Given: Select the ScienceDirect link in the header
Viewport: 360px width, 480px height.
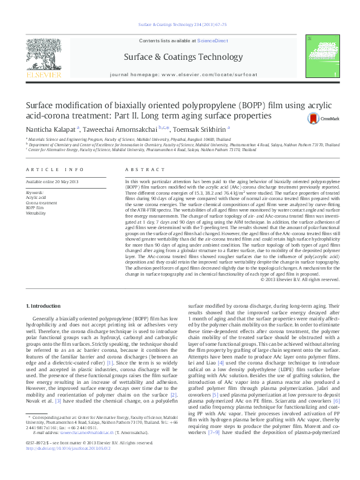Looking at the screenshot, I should [212, 40].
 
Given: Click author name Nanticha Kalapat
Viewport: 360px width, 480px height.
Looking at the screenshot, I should [50, 129].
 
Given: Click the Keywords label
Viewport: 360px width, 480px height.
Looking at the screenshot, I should [33, 192].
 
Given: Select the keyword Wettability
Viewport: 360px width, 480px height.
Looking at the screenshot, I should [35, 213].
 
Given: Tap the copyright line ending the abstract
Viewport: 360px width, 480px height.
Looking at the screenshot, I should [299, 279].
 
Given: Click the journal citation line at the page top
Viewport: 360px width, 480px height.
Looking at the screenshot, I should [182, 25].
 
